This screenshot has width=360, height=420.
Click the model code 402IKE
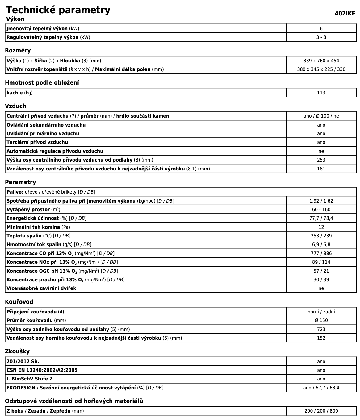tap(345, 14)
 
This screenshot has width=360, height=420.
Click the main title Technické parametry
tap(58, 10)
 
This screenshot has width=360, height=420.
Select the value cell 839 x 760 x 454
tap(321, 61)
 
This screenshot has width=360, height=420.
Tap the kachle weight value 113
tap(321, 93)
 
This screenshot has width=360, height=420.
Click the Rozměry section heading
tap(18, 51)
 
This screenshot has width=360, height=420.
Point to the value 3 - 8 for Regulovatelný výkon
tap(321, 37)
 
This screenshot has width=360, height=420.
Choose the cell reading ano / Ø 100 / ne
tap(321, 116)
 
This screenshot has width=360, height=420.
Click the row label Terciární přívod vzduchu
tap(37, 142)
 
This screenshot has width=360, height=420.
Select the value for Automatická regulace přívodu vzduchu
tap(321, 151)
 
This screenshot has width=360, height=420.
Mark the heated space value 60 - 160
tap(321, 210)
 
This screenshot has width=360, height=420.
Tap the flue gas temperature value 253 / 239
tap(321, 236)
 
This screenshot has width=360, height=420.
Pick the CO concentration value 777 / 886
tap(321, 254)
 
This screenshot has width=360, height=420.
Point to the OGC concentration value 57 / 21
tap(321, 271)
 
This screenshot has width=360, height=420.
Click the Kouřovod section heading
tap(19, 302)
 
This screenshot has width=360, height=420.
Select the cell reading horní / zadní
tap(321, 312)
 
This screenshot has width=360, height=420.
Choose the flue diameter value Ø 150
tap(321, 321)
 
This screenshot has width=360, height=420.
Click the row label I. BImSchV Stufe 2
tap(30, 379)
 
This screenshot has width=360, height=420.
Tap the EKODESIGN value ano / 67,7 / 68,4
tap(321, 388)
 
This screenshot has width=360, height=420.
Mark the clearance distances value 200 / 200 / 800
tap(321, 411)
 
